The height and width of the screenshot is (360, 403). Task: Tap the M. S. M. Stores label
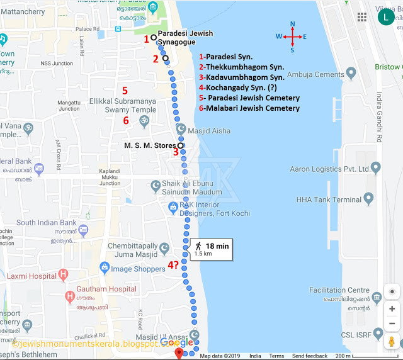point(150,146)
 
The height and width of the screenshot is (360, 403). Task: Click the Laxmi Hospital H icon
point(63,274)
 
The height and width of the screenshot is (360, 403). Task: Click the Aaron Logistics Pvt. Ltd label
point(329,169)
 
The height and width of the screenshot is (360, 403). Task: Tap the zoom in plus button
point(392,309)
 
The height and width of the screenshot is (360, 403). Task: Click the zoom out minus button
point(392,323)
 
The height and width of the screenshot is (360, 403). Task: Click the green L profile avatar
point(386,17)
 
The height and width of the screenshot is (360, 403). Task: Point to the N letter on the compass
point(293,25)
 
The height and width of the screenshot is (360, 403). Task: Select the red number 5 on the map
point(125,90)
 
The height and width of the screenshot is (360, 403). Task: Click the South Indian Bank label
point(47,223)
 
